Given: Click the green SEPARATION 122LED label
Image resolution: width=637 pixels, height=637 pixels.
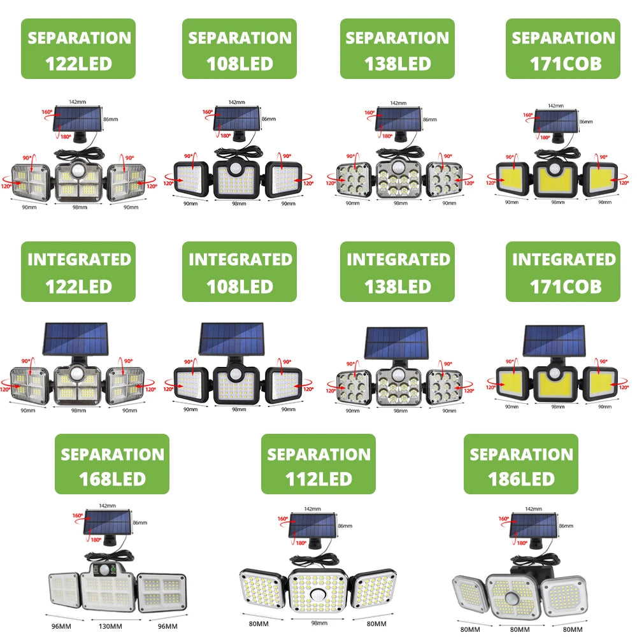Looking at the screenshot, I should pos(78,49).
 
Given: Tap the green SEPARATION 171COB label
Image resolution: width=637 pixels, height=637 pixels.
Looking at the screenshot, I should pos(563,49).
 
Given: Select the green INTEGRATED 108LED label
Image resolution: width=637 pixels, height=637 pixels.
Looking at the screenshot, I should pos(240,272).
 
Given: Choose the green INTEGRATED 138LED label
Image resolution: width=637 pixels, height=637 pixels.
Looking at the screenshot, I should pos(397,272).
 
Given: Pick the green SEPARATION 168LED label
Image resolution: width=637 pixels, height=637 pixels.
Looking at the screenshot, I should pos(112,464).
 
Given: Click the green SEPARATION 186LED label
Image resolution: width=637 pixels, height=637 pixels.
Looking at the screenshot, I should pos(521,464).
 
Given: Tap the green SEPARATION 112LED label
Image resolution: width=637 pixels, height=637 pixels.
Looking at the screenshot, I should pos(318,464).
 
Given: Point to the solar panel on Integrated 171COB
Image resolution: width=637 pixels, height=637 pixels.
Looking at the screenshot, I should pos(554,341).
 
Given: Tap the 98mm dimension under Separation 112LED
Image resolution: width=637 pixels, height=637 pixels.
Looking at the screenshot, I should pos(318,623).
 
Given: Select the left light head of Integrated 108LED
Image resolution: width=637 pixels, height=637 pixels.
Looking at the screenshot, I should pos(191,383).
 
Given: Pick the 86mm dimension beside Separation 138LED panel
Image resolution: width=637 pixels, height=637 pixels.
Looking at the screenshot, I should pos(430,119).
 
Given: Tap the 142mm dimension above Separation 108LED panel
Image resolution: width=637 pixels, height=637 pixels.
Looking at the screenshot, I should pos(237,102).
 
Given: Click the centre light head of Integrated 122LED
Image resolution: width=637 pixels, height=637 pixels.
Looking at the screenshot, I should pos(78,383).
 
